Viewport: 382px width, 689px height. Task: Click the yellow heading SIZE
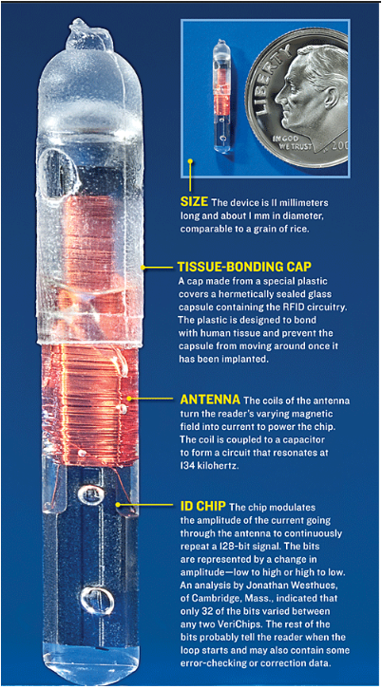tap(194, 202)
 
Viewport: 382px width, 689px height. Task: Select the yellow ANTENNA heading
tap(210, 400)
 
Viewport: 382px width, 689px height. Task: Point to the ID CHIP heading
tap(203, 506)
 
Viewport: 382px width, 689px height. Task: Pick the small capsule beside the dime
tap(222, 97)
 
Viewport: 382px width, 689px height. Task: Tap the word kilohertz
tap(223, 466)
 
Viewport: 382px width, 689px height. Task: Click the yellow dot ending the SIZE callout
tap(190, 161)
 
